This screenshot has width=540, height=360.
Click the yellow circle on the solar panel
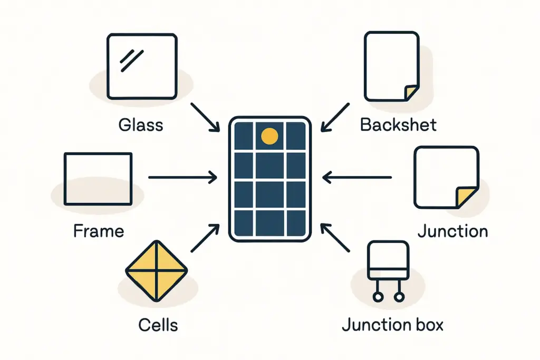(269, 136)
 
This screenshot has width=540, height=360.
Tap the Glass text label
(141, 125)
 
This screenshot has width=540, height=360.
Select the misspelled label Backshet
(398, 125)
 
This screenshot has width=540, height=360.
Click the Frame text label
(99, 231)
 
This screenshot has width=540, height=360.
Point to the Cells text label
(158, 325)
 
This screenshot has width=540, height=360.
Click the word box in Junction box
(426, 325)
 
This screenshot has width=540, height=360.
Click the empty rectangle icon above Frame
(98, 179)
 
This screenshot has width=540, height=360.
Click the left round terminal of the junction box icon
(378, 297)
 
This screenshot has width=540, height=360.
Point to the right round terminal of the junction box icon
(399, 297)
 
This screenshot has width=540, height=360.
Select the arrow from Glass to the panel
(205, 117)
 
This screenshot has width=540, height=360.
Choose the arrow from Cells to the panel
(205, 238)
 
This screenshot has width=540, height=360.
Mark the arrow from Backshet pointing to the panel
(335, 117)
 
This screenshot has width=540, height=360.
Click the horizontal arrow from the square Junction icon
(357, 178)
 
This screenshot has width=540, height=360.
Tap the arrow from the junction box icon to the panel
(335, 238)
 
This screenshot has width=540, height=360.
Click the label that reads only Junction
(452, 231)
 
